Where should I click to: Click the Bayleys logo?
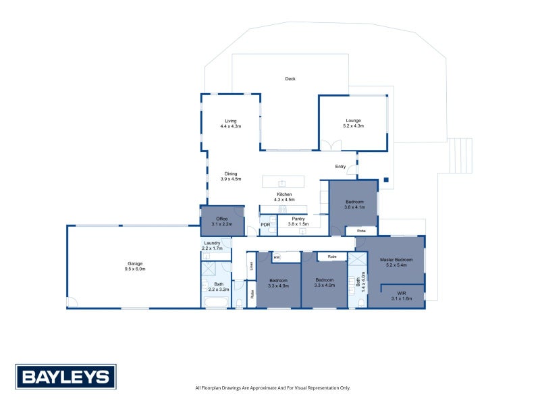click(x=65, y=377)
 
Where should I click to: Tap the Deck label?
click(x=290, y=79)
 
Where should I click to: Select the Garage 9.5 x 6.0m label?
click(x=135, y=266)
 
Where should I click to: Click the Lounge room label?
click(x=353, y=124)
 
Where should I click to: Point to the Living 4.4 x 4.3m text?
click(x=231, y=124)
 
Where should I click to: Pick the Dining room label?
click(x=231, y=176)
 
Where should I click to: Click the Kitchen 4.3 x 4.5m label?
click(x=284, y=197)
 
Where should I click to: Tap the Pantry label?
click(x=298, y=221)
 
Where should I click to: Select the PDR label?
click(x=265, y=225)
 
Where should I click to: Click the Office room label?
click(x=222, y=221)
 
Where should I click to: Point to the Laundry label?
click(x=212, y=246)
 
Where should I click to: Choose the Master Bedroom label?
click(x=396, y=263)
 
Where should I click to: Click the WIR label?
click(x=402, y=296)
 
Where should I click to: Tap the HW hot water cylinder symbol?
click(x=277, y=257)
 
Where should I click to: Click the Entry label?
click(x=341, y=167)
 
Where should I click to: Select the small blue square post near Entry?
click(x=386, y=180)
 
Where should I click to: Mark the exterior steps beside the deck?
click(x=460, y=156)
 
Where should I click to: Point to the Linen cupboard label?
click(x=252, y=265)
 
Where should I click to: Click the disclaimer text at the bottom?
click(x=273, y=387)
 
